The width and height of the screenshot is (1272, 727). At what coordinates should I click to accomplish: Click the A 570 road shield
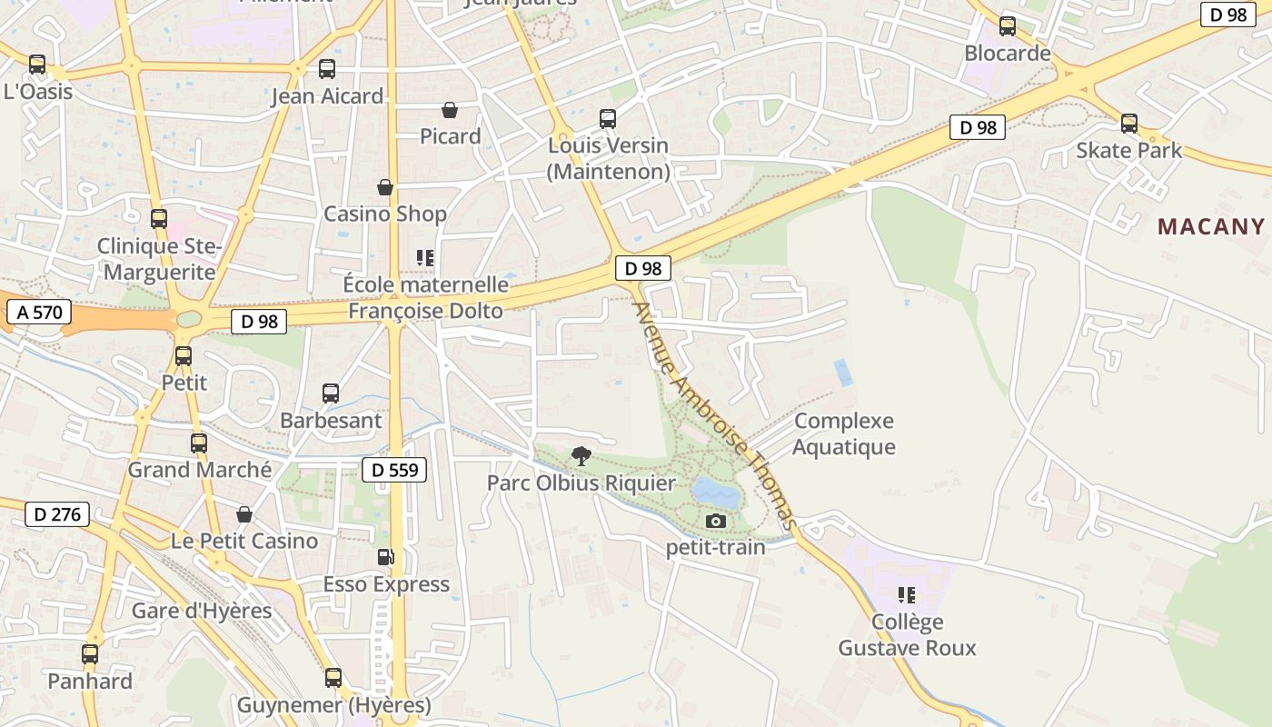pos(38,313)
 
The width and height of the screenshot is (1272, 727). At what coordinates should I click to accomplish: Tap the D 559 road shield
pos(393,470)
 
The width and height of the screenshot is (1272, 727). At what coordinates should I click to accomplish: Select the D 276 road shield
pos(57,514)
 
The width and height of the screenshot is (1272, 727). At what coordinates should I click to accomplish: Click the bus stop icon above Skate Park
pos(1128,124)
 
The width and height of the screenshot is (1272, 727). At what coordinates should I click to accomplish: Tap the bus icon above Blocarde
pos(1007,26)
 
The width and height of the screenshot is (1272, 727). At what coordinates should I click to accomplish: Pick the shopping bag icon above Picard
pos(449,110)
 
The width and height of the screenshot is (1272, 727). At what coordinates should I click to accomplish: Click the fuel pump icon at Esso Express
pos(385,557)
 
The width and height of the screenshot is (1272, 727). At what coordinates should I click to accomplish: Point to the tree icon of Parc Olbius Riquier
pos(581,455)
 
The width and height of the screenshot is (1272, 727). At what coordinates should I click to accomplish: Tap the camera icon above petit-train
pos(716,521)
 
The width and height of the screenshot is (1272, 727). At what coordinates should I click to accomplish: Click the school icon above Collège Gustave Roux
pos(906,595)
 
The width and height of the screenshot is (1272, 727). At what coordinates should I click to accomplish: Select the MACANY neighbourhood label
pos(1210,227)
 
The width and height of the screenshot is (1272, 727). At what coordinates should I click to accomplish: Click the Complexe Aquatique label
pos(844,433)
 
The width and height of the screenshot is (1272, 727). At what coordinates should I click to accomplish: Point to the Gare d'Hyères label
pos(202,611)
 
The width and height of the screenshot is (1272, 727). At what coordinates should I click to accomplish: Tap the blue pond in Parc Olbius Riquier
pos(716,493)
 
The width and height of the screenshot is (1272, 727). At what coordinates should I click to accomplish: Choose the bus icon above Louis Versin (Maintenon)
pos(608,119)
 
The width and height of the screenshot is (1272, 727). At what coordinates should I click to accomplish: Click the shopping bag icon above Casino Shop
pos(385,187)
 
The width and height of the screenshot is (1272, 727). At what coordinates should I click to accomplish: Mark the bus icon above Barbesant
pos(331,393)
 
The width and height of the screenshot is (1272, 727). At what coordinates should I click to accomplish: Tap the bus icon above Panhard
pos(89,654)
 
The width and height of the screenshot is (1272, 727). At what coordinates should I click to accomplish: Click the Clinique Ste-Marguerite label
pos(159,259)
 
